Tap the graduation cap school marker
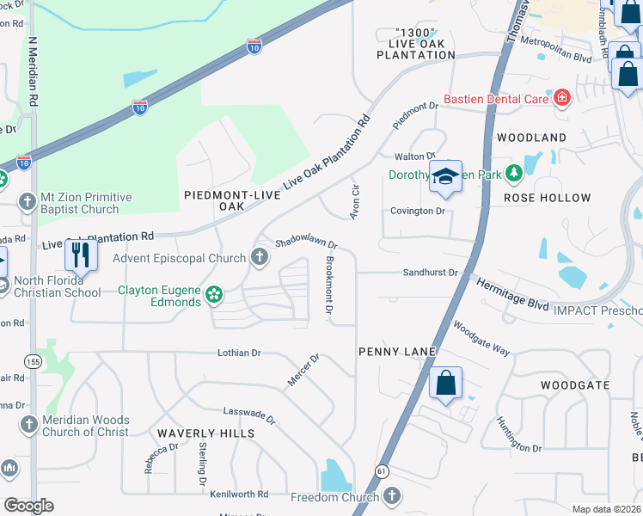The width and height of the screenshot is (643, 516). [445, 176]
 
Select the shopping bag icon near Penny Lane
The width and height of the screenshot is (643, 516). [445, 384]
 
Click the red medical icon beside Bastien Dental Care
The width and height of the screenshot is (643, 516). [562, 99]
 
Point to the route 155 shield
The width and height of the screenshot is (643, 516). [33, 362]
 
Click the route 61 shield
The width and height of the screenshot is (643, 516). [381, 471]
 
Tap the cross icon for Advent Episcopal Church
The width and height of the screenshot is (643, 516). [259, 257]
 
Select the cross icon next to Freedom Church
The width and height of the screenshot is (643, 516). [391, 496]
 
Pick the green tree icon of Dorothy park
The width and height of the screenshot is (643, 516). [514, 174]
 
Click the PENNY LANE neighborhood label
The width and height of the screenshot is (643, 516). [397, 353]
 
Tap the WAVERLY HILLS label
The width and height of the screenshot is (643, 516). [205, 434]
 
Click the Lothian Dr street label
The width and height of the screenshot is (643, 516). [239, 353]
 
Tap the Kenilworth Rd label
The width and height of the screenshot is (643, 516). [239, 494]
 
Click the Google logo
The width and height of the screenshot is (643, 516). [28, 506]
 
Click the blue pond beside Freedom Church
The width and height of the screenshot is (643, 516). [334, 476]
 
